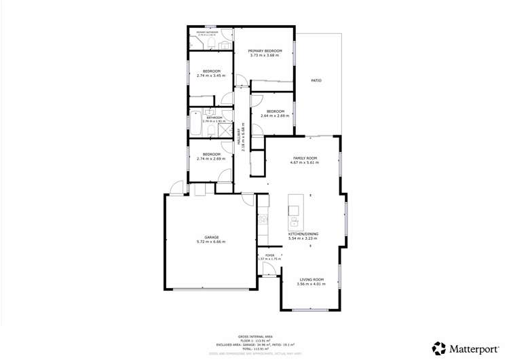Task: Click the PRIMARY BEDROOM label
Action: click(265, 51)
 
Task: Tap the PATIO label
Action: click(316, 81)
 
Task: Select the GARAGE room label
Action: click(210, 237)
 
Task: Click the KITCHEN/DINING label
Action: click(303, 234)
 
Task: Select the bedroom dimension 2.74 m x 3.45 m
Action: click(210, 76)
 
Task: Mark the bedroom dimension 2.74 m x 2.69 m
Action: click(210, 159)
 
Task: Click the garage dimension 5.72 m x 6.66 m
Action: click(210, 242)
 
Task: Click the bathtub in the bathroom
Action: click(196, 122)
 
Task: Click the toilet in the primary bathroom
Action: click(212, 43)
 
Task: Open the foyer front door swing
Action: click(269, 270)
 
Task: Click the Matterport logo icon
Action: click(439, 348)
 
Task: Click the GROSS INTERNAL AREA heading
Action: click(254, 336)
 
